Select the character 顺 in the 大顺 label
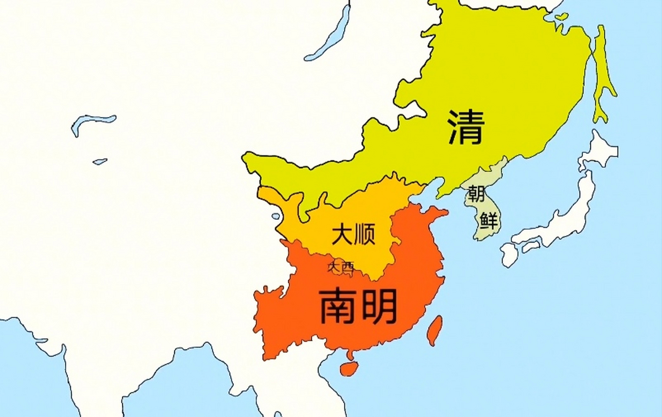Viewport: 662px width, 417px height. (x=365, y=234)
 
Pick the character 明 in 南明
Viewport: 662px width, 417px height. (x=379, y=306)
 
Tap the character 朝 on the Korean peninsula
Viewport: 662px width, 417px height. (x=477, y=194)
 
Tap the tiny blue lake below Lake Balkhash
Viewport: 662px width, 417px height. (x=100, y=162)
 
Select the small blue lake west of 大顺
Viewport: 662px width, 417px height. (x=276, y=216)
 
